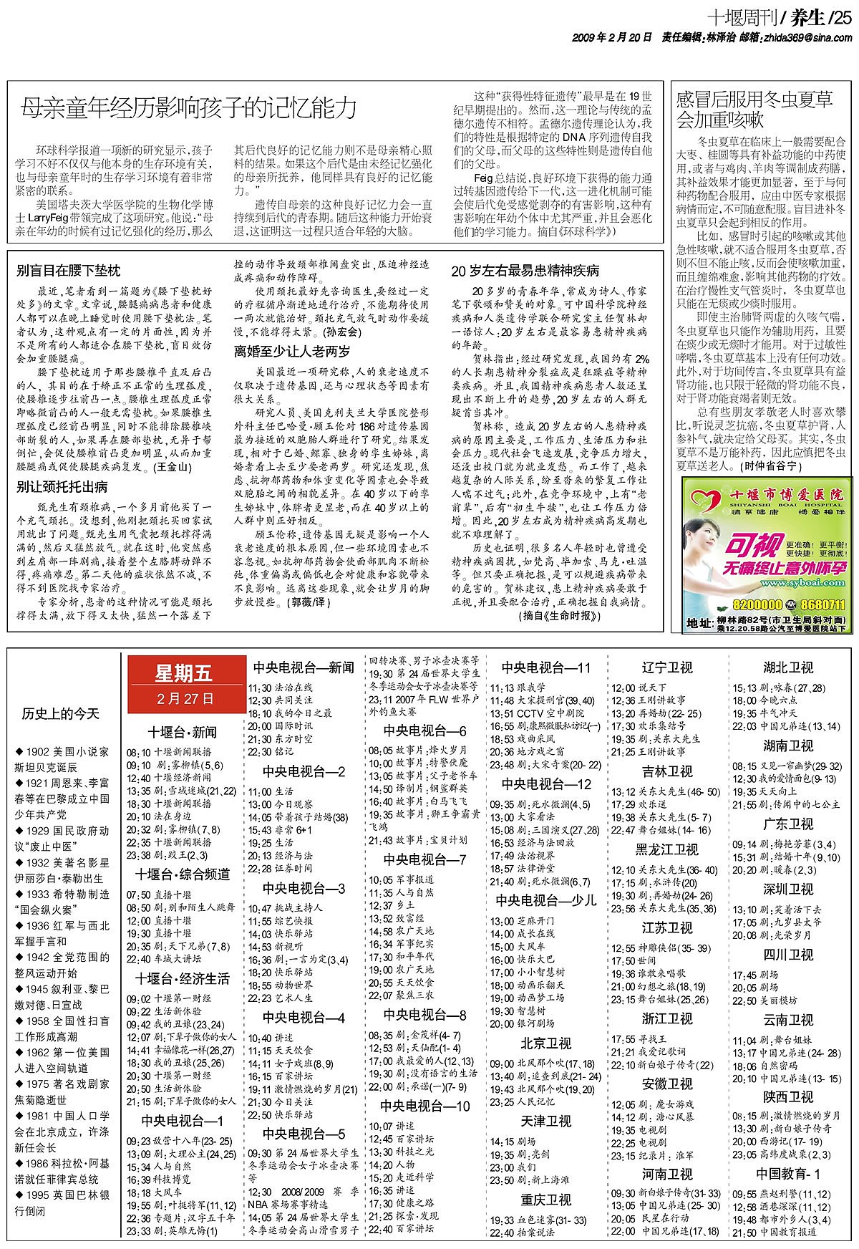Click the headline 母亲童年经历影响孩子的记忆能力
pos(188,108)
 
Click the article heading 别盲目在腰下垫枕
pos(69,271)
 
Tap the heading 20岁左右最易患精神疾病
pos(525,271)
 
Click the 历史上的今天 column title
pos(61,713)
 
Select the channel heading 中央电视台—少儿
pos(546,900)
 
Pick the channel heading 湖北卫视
pos(787,667)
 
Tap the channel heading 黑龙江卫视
pos(666,849)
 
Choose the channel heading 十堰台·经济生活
pos(183,978)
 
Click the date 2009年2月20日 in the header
pos(612,37)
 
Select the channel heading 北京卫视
pos(545,1043)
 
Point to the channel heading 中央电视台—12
pos(546,783)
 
